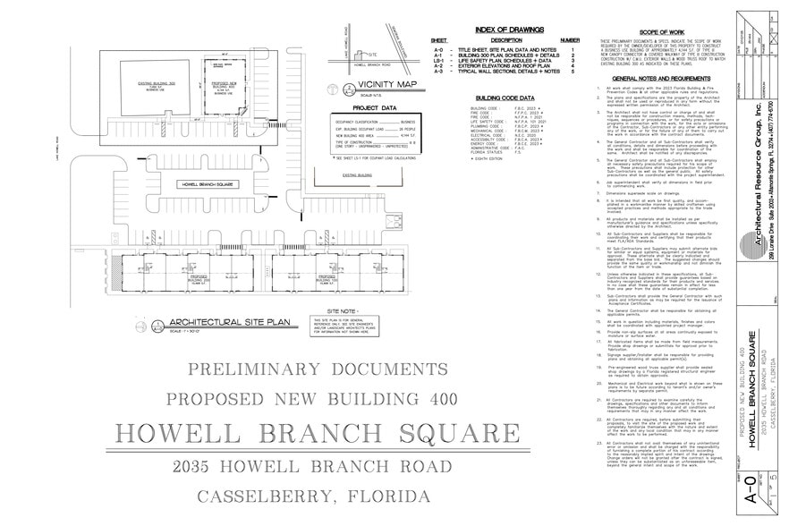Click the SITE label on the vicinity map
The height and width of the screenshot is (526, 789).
pyautogui.click(x=352, y=54)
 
